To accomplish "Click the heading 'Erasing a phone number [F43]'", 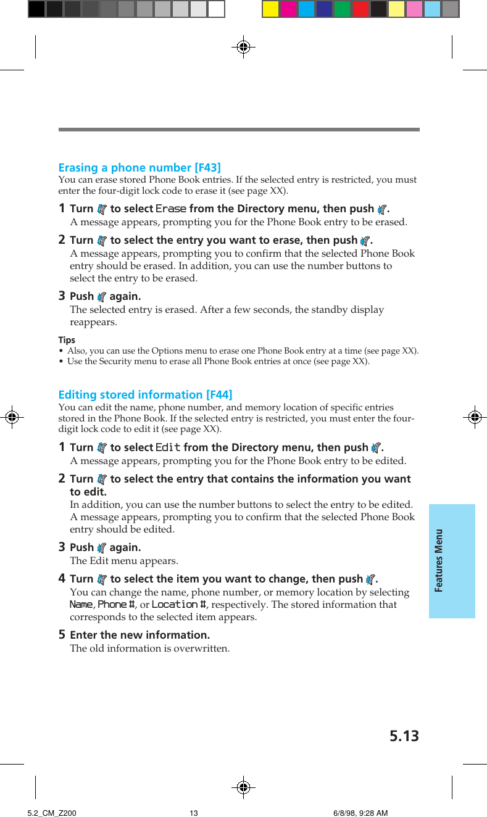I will point(139,168).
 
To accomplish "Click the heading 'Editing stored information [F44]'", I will point(145,395).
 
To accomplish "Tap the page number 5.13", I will point(404,736).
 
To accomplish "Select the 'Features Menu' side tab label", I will point(439,560).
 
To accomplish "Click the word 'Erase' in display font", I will point(171,209).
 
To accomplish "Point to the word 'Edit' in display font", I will point(168,448).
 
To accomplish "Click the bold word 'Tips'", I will point(67,340).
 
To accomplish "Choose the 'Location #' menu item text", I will point(179,605).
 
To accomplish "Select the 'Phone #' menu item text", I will point(117,605).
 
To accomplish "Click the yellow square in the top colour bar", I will point(270,9).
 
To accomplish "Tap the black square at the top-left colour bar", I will point(36,9).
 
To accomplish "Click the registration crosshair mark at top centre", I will point(244,46).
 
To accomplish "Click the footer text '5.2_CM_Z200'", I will point(52,813).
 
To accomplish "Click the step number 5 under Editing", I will point(62,635).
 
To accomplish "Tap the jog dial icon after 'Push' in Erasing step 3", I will point(102,297).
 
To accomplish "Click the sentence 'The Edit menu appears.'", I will point(124,561).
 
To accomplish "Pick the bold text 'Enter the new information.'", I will point(140,635).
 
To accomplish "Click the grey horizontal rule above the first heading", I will point(239,130).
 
